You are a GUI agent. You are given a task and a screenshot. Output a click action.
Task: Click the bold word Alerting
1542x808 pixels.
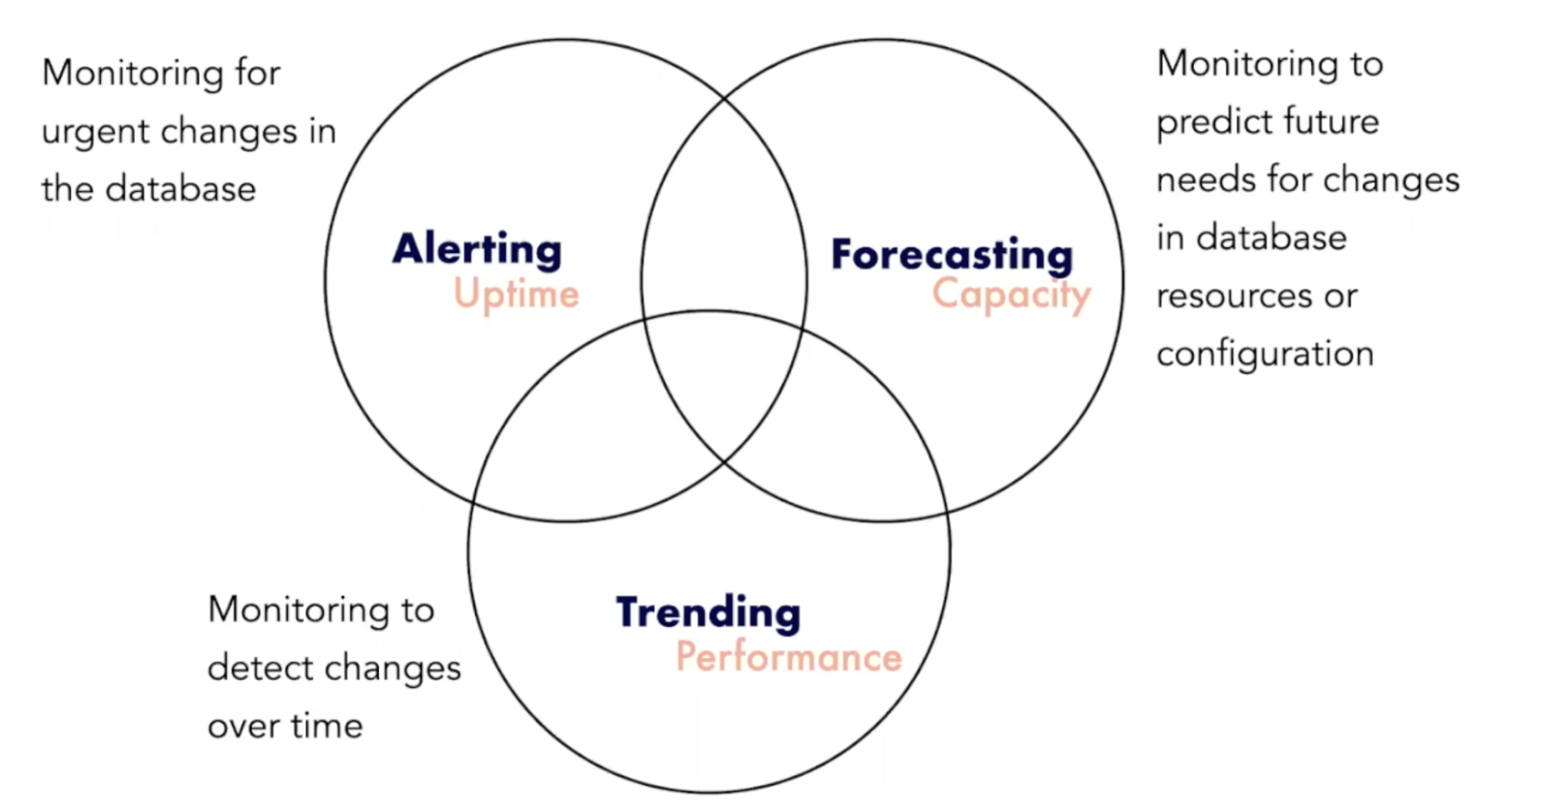477,249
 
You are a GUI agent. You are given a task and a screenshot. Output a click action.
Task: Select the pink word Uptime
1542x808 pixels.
516,294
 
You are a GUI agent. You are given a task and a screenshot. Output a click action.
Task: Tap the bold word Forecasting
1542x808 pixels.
951,254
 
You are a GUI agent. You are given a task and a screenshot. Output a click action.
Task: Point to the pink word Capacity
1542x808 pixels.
1011,295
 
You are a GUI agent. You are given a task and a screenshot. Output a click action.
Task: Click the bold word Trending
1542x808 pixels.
708,613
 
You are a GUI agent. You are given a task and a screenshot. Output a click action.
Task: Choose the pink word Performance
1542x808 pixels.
788,657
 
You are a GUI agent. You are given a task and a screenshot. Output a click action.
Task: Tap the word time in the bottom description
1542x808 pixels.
326,726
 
